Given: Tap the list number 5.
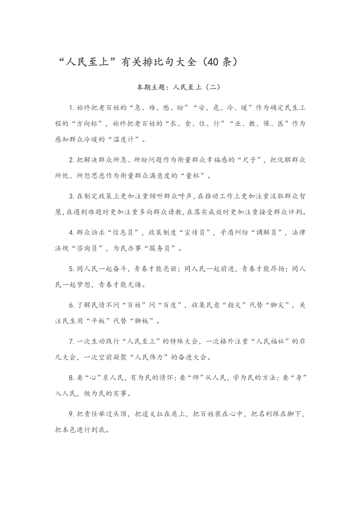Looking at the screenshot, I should [x=71, y=269].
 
